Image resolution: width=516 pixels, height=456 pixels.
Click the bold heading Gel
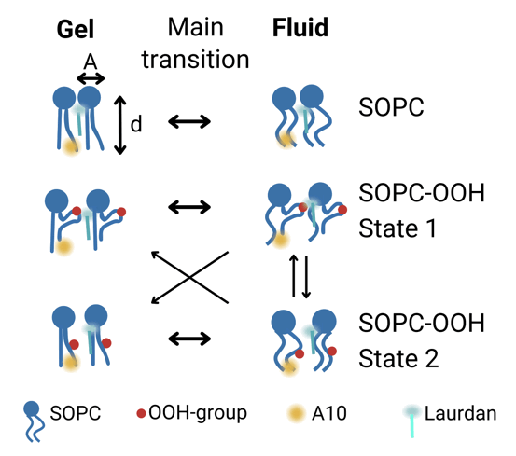tap(76, 29)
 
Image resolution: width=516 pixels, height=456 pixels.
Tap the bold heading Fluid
tap(300, 27)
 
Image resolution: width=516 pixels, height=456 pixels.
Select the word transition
tap(195, 60)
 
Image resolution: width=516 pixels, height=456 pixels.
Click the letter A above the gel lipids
tap(91, 62)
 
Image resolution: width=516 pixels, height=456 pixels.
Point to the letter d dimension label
tap(136, 124)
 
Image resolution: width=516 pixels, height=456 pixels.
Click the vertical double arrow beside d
tap(120, 125)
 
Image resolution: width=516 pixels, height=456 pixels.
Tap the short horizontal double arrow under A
tap(91, 79)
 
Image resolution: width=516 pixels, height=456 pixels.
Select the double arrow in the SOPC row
tap(189, 121)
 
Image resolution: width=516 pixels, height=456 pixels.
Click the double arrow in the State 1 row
tap(189, 207)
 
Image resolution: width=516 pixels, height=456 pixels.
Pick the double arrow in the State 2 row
tap(189, 339)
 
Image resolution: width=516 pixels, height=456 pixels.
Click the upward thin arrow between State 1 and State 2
tap(294, 275)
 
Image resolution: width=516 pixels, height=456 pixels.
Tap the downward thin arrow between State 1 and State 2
tap(306, 278)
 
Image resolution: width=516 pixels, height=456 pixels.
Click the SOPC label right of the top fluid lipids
tap(391, 107)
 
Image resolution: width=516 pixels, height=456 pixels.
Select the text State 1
tap(397, 228)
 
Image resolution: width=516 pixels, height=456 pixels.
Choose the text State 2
tap(398, 358)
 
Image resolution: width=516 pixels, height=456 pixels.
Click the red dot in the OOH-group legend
tap(141, 413)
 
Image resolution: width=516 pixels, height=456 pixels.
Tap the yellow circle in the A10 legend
tap(296, 413)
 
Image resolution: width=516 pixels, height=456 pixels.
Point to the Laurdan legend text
tap(460, 413)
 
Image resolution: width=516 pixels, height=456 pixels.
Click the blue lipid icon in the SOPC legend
tap(34, 421)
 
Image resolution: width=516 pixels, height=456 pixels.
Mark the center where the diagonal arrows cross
tap(189, 278)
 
